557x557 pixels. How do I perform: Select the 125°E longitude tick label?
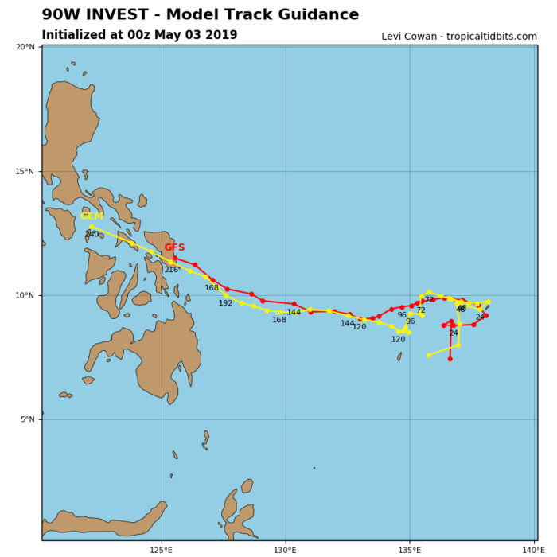tap(162, 549)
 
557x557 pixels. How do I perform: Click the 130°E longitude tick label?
tap(286, 549)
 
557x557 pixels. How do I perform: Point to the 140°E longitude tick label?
tap(533, 549)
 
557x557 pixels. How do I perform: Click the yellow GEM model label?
tap(92, 216)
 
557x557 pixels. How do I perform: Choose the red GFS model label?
tap(174, 247)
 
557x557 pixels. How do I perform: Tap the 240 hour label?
tap(92, 235)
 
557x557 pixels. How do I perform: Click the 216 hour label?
tap(171, 270)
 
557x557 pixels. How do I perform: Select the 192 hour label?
tap(226, 303)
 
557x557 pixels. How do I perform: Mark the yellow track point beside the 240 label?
tap(92, 226)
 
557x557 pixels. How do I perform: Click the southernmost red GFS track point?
tap(450, 359)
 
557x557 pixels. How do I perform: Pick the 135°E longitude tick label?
tap(410, 549)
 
